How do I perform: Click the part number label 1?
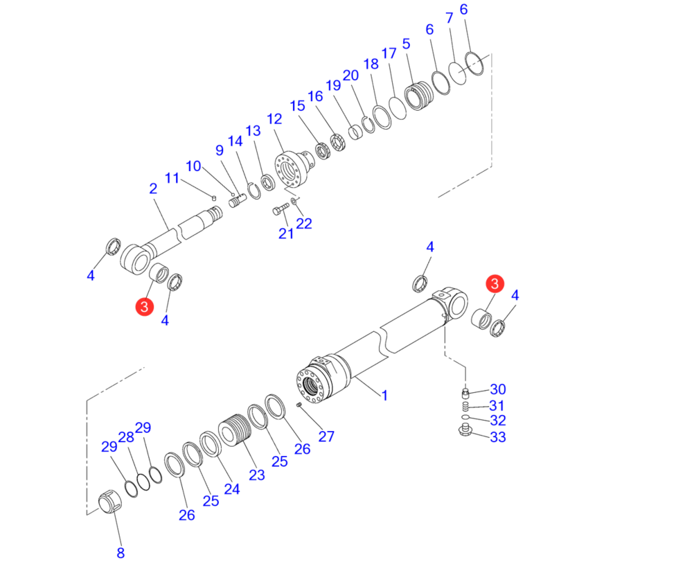384,396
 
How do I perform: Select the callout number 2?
153,188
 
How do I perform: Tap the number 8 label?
121,553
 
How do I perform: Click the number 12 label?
274,119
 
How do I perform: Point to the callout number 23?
257,475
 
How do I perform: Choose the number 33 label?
498,437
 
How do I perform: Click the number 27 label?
326,437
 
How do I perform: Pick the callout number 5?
407,44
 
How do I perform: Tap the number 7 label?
450,18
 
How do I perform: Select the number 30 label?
498,389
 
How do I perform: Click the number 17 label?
389,53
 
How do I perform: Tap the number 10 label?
193,166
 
